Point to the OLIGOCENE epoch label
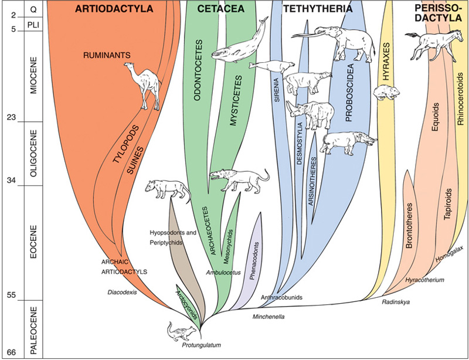pos(33,154)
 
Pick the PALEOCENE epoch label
pos(33,329)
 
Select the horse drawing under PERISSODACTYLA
pos(425,44)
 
